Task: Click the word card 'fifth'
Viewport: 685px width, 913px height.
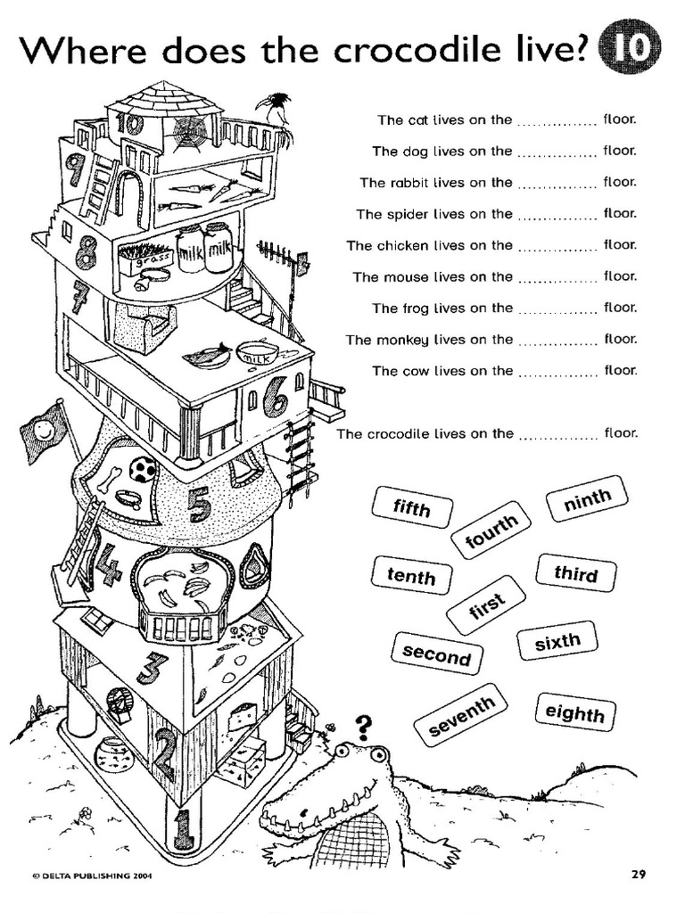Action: [x=411, y=508]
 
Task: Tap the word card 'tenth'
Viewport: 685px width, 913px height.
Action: [x=410, y=576]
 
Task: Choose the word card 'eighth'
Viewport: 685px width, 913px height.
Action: [x=574, y=712]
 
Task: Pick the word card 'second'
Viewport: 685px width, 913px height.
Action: [x=436, y=654]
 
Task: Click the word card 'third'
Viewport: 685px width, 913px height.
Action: [x=575, y=572]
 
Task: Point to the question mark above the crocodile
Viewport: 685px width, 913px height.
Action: [x=363, y=726]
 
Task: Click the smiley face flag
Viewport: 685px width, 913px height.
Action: [x=44, y=432]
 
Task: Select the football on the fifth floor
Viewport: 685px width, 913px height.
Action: [x=143, y=469]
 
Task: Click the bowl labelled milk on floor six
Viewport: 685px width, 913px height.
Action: [x=256, y=354]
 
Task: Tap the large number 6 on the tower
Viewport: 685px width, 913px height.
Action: [x=275, y=398]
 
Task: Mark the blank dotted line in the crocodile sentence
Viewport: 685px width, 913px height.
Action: [x=557, y=436]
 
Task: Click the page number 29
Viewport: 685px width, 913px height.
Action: [x=638, y=875]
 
